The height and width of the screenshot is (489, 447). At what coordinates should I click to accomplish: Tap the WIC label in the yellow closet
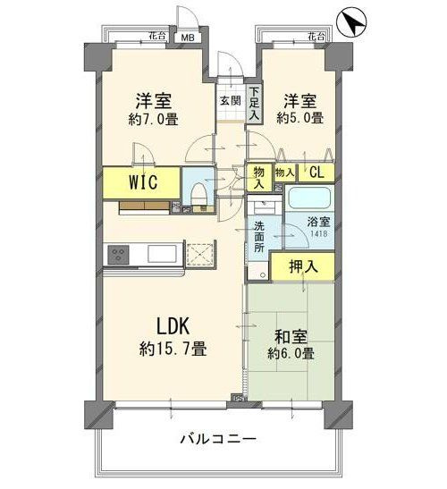coord(139,183)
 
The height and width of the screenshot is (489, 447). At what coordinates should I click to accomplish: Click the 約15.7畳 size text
coord(172,349)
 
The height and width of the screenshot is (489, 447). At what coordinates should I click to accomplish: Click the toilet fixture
coord(198,192)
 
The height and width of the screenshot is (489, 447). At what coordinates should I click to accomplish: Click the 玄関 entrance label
coord(230,101)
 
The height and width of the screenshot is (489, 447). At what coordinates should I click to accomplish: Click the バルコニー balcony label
coord(218,440)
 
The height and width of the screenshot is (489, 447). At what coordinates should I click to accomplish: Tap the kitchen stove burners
coord(119,255)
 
